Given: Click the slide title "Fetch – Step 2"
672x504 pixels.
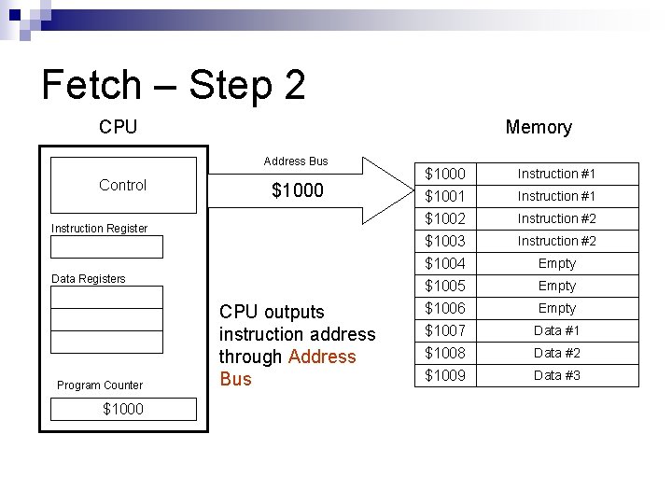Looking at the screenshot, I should point(174,85).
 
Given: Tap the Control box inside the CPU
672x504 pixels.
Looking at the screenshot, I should point(122,185).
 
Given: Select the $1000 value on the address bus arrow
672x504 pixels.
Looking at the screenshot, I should point(297,190).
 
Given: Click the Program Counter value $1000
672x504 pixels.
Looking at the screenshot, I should point(123,409).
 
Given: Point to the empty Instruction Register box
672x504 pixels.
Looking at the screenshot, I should point(106,247).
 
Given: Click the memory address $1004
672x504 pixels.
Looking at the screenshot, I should point(445,263).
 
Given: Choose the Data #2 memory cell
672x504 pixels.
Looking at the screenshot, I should point(556,353).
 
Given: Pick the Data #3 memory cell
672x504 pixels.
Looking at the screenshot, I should point(556,375).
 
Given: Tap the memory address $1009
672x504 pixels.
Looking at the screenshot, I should point(445,375).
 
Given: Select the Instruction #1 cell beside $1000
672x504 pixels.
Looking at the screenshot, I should point(556,174).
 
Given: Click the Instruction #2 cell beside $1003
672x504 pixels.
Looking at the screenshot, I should point(556,241).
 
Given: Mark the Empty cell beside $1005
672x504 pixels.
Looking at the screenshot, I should point(556,286).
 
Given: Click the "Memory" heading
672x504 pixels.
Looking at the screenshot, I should point(538,127).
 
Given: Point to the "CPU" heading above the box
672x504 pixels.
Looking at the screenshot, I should point(118,127).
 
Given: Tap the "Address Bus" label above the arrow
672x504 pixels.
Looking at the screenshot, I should point(296,161).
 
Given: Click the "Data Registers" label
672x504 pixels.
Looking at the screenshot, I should point(88,278).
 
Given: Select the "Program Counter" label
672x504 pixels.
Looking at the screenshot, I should point(100,385).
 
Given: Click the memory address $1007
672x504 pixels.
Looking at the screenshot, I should point(445,330).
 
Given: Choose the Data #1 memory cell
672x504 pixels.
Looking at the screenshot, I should point(556,330).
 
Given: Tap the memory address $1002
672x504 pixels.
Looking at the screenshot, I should point(445,218).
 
